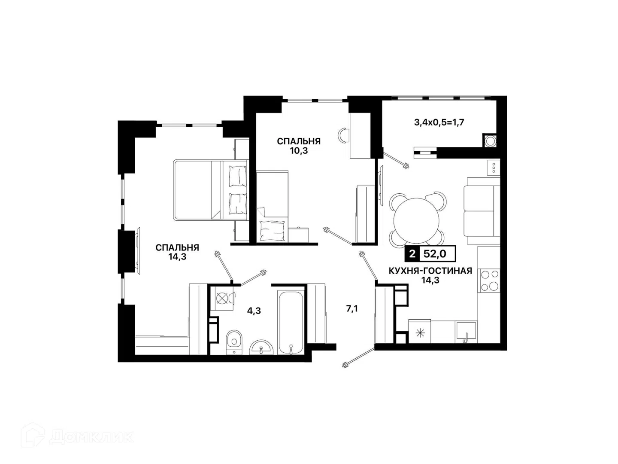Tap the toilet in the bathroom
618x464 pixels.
coord(234,342)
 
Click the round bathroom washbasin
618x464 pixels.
coord(261,348)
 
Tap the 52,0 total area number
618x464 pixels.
coord(435,254)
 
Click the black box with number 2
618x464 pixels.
coord(412,254)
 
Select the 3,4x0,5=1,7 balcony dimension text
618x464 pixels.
coord(439,122)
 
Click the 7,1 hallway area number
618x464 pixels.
coord(352,309)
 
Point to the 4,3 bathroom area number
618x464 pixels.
coord(254,311)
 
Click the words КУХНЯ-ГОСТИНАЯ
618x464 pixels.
coord(430,271)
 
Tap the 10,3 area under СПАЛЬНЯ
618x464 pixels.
coord(299,151)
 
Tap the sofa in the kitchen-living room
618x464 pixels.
coord(482,211)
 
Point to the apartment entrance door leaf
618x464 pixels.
coord(358,357)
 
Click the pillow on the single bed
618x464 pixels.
coord(273,230)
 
